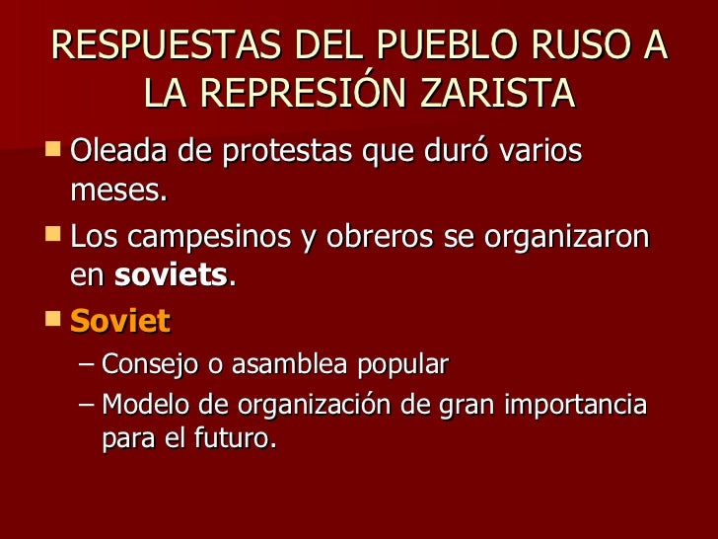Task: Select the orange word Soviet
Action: click(x=120, y=322)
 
